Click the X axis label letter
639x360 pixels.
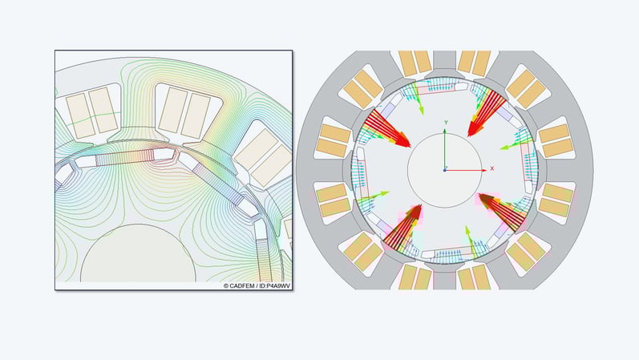491,168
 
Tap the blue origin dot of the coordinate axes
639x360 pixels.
446,169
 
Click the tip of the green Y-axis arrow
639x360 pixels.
446,130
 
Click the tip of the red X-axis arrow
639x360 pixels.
483,169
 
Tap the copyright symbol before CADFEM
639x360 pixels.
226,285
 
